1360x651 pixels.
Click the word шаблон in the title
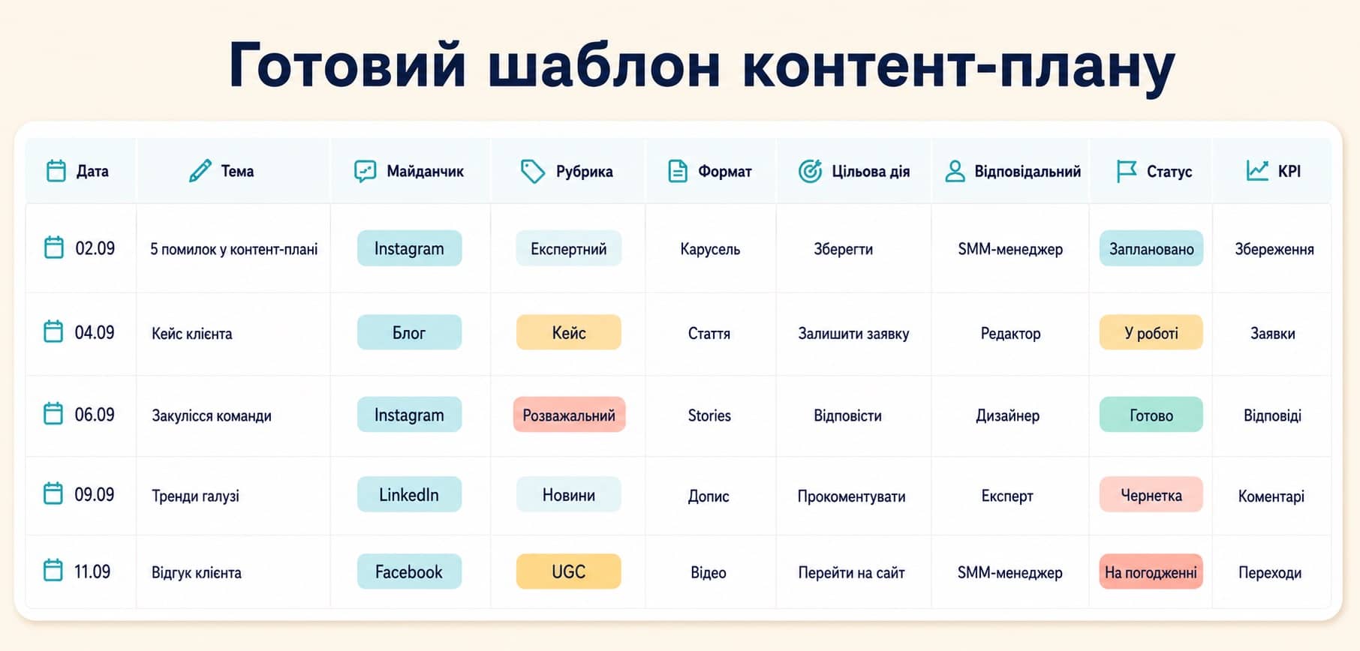pos(604,66)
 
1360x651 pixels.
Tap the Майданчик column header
pos(425,171)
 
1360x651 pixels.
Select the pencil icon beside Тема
pos(200,171)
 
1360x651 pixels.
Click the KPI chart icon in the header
pos(1257,171)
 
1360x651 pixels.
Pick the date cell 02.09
pos(95,248)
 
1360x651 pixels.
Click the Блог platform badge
pos(409,332)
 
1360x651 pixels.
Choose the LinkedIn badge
pos(409,494)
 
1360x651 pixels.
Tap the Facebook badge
pos(409,571)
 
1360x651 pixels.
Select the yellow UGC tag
pos(568,571)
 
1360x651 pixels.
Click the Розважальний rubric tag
pos(569,415)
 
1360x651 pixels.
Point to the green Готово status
pos(1151,415)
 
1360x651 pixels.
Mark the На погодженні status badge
pos(1151,571)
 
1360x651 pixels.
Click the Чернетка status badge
pos(1151,494)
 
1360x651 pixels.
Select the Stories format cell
pos(709,415)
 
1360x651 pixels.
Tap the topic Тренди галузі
pos(195,496)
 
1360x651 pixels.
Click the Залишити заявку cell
pos(853,334)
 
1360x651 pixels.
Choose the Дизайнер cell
pos(1007,415)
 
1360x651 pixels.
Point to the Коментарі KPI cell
pos(1271,496)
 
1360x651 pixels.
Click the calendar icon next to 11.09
pos(53,570)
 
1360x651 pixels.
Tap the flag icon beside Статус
pos(1126,171)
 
